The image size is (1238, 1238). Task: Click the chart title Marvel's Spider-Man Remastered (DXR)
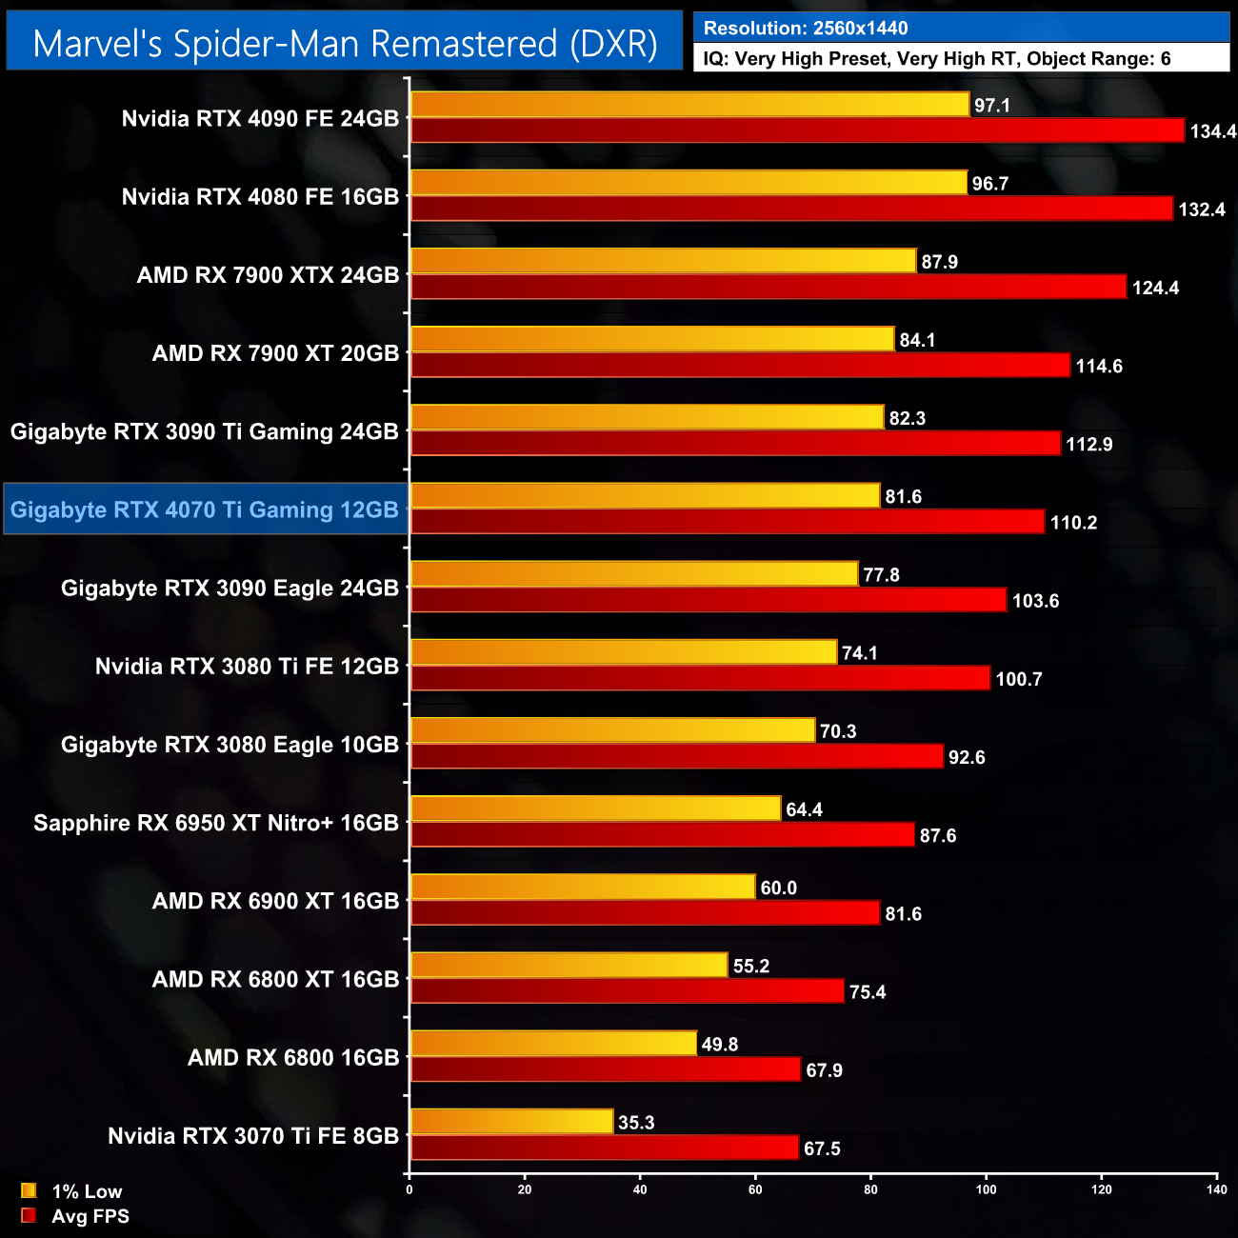(x=345, y=44)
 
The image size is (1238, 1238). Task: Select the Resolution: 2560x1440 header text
(x=806, y=29)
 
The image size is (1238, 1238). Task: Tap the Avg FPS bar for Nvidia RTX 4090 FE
(x=797, y=130)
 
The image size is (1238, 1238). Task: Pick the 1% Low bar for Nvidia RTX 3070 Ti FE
(x=511, y=1122)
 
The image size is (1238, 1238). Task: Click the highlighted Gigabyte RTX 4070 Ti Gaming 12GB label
(x=205, y=509)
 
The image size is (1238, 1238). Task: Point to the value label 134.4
(x=1212, y=131)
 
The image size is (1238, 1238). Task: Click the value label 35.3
(x=636, y=1123)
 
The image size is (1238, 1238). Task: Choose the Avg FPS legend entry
(x=76, y=1216)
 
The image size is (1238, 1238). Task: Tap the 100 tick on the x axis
(x=986, y=1189)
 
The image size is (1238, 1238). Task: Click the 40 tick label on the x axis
(x=640, y=1189)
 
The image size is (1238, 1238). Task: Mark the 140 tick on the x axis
(x=1216, y=1189)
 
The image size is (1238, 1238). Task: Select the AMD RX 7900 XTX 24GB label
(x=268, y=275)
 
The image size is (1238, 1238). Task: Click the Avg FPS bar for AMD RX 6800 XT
(x=627, y=991)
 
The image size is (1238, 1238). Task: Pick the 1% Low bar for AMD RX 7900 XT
(x=652, y=339)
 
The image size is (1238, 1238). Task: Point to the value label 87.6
(x=938, y=836)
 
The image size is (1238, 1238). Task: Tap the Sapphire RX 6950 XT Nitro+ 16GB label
(x=216, y=823)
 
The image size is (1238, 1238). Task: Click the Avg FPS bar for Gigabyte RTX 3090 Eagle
(x=708, y=600)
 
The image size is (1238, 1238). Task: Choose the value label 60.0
(x=778, y=889)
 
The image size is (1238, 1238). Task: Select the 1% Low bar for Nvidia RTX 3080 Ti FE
(x=624, y=652)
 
